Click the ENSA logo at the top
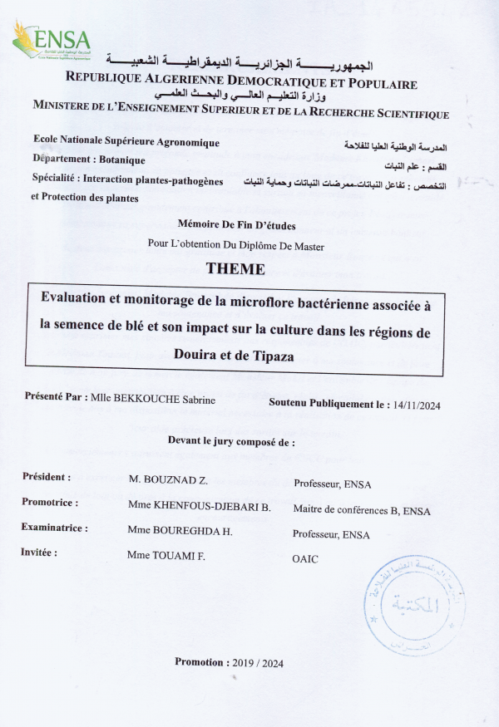click(x=51, y=42)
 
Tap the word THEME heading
click(x=235, y=269)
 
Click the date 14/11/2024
click(x=418, y=405)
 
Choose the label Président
click(x=47, y=478)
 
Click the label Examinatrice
click(x=55, y=528)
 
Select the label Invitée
click(x=40, y=552)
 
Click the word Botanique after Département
click(x=121, y=160)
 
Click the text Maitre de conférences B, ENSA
click(x=362, y=510)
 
